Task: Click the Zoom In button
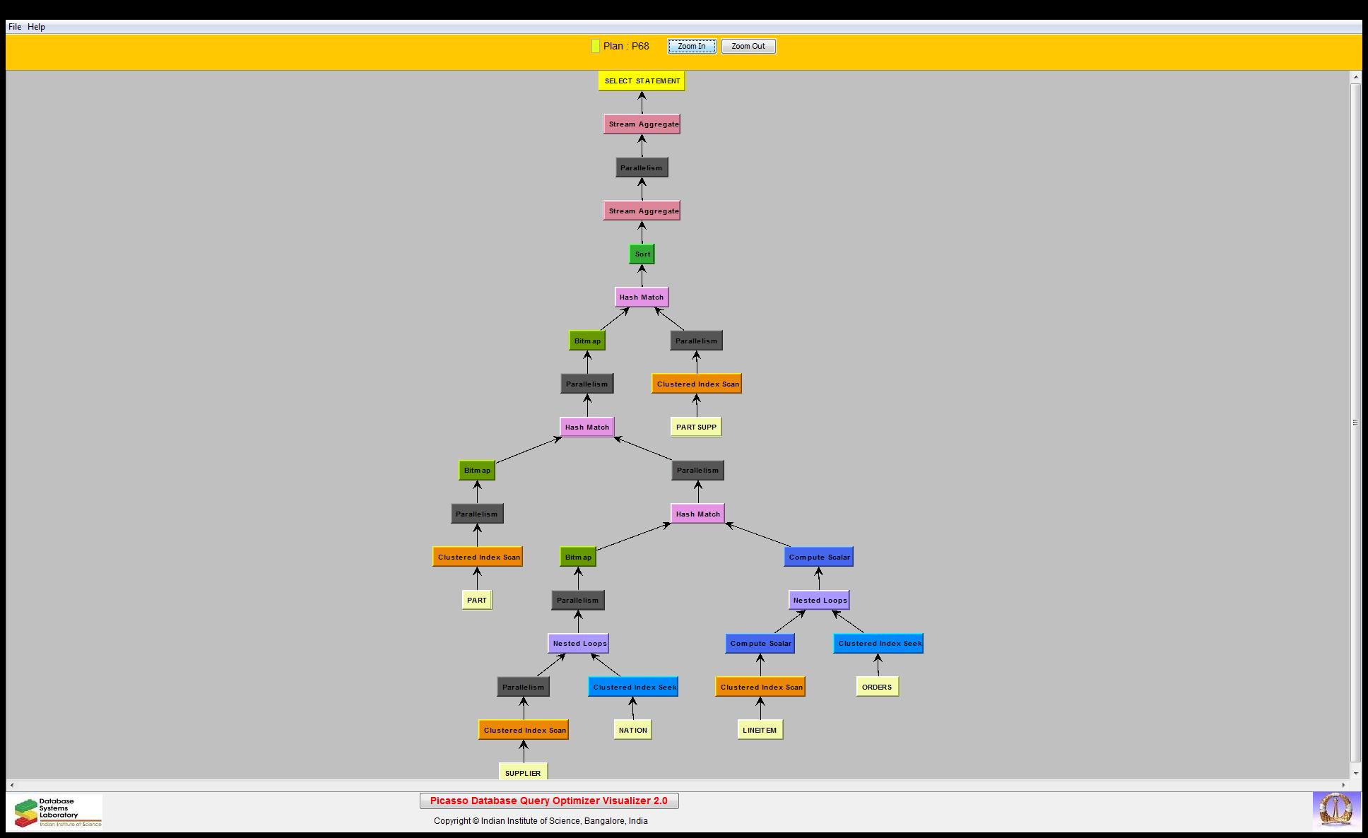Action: [x=691, y=47]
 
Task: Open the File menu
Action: [x=15, y=27]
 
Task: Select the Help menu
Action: [x=36, y=27]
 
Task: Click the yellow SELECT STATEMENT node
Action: [x=642, y=81]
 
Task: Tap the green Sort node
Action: [x=642, y=254]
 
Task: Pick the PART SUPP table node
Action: [x=696, y=427]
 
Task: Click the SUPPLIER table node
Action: [x=523, y=772]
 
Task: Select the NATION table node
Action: [x=632, y=730]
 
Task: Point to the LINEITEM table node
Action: [x=760, y=730]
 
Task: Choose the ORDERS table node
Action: [x=877, y=687]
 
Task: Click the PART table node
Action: [x=477, y=601]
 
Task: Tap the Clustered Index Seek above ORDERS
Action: [x=878, y=644]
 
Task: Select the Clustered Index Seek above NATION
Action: [x=633, y=687]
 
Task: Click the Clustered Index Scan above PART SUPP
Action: [x=697, y=384]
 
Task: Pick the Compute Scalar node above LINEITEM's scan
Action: [x=760, y=644]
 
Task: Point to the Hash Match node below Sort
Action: [x=642, y=297]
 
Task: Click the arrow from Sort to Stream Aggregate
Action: [x=642, y=232]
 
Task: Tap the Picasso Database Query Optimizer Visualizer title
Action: [x=549, y=801]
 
